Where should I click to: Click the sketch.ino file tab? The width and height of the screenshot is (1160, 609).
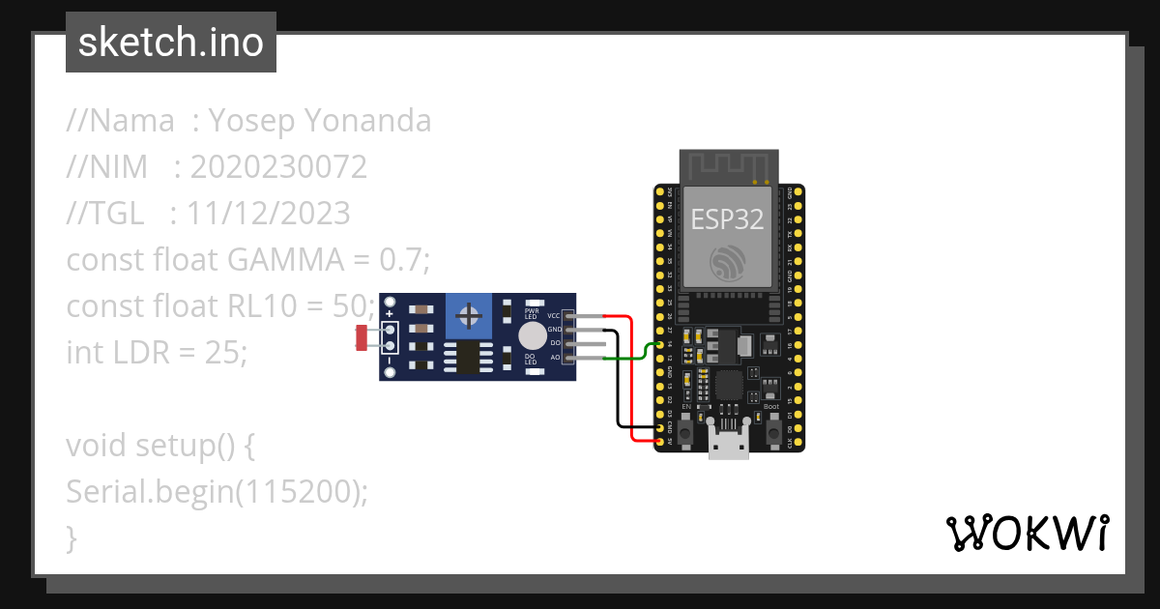pyautogui.click(x=170, y=43)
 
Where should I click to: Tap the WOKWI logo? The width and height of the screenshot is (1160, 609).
pyautogui.click(x=1026, y=533)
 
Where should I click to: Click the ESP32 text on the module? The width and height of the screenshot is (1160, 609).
pyautogui.click(x=727, y=219)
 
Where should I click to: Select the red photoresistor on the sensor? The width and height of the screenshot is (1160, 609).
pyautogui.click(x=362, y=337)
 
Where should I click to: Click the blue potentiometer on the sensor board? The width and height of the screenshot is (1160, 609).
pyautogui.click(x=470, y=316)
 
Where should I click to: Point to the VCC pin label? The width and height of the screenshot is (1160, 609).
pyautogui.click(x=554, y=316)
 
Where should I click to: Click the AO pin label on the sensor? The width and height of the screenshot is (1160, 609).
pyautogui.click(x=555, y=358)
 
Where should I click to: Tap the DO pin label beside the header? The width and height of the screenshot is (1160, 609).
pyautogui.click(x=555, y=343)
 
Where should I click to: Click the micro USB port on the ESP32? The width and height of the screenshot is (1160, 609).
pyautogui.click(x=729, y=444)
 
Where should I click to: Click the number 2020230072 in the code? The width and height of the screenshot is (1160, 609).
pyautogui.click(x=278, y=167)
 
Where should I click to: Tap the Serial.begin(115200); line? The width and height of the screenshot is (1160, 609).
pyautogui.click(x=217, y=492)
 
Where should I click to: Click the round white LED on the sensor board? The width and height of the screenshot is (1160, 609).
pyautogui.click(x=531, y=335)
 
